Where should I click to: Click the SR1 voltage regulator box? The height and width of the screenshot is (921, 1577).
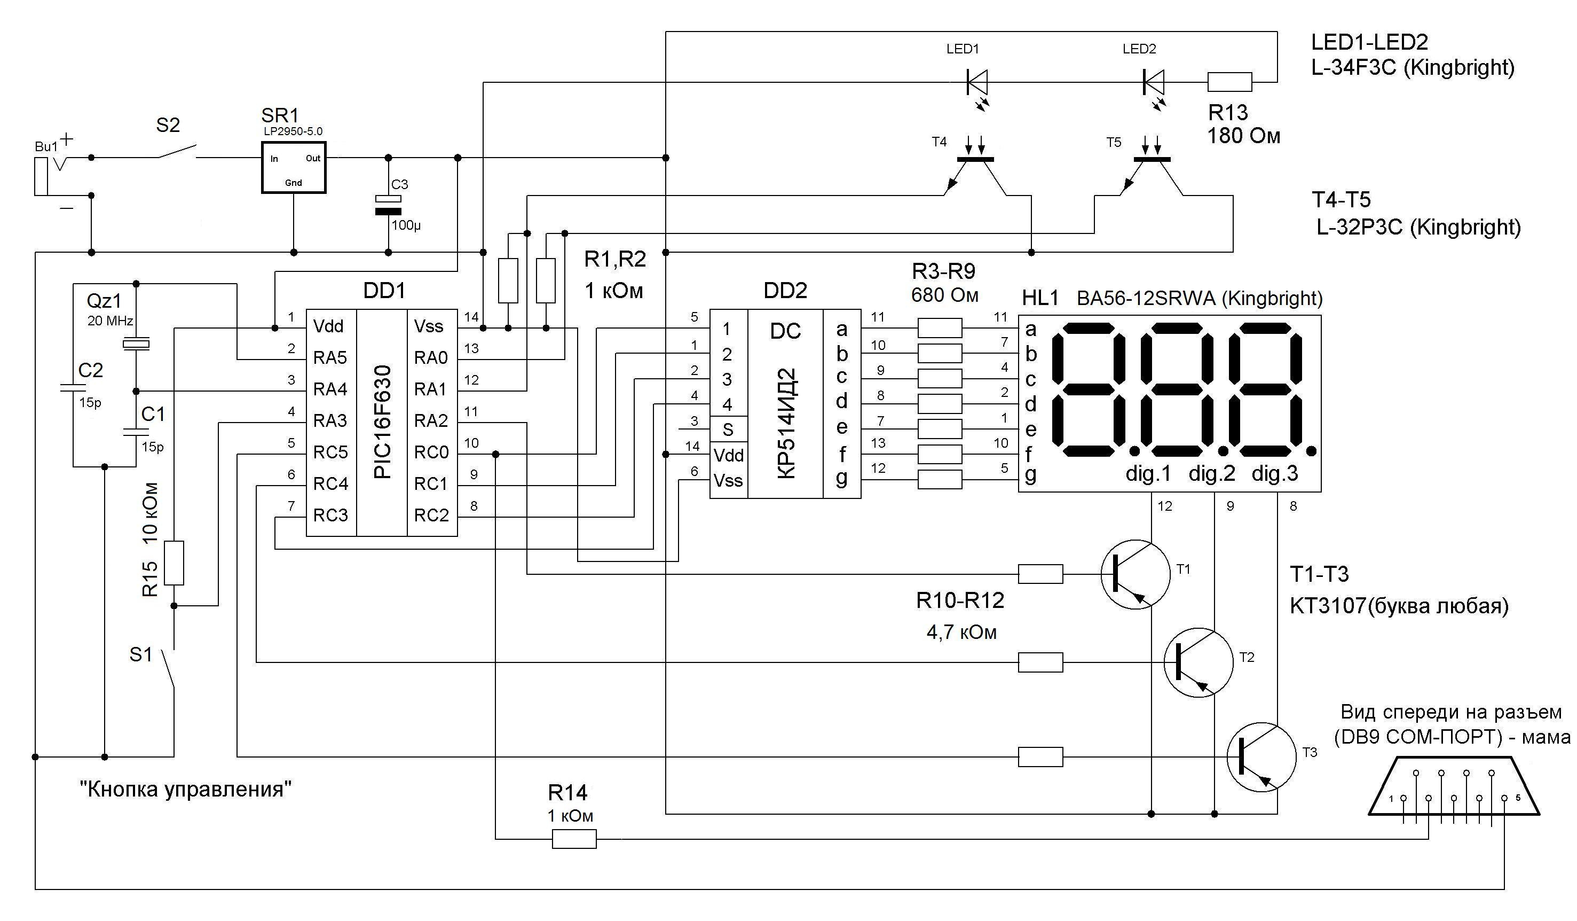point(294,167)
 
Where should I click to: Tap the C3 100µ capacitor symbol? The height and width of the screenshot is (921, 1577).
point(388,205)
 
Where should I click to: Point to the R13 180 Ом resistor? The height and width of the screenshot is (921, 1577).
point(1229,82)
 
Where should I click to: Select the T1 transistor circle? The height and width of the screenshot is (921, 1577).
point(1135,575)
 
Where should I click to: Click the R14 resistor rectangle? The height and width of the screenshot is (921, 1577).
point(574,839)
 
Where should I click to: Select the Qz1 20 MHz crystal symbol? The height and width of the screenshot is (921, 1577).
point(136,344)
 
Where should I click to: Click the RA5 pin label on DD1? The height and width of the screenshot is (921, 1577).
point(330,358)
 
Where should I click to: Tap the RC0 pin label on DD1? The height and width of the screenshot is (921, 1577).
point(431,452)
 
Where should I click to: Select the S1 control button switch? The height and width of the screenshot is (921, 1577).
point(167,670)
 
